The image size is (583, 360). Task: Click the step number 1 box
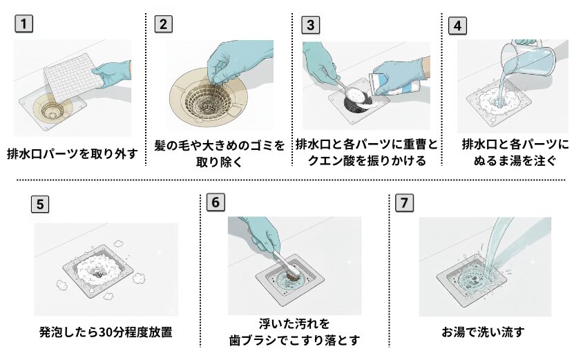tap(24, 24)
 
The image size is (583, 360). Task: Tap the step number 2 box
tap(163, 24)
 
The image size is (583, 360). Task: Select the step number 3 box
tap(311, 24)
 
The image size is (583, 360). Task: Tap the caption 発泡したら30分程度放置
tap(106, 332)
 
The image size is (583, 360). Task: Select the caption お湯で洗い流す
tap(483, 332)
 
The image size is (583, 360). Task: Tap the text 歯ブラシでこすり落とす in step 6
tap(295, 340)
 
